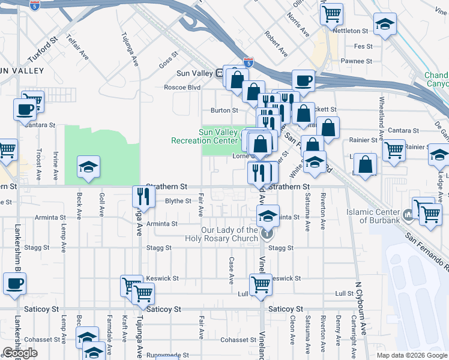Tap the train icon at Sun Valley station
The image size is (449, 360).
pyautogui.click(x=220, y=73)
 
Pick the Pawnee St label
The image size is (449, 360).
pyautogui.click(x=357, y=61)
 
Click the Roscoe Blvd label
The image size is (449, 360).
pyautogui.click(x=182, y=87)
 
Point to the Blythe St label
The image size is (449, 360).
pyautogui.click(x=178, y=202)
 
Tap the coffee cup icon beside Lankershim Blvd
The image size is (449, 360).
pyautogui.click(x=14, y=283)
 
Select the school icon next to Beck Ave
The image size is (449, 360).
pyautogui.click(x=89, y=166)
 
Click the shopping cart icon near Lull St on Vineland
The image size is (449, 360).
pyautogui.click(x=261, y=283)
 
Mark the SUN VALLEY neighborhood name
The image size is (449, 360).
pyautogui.click(x=22, y=71)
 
